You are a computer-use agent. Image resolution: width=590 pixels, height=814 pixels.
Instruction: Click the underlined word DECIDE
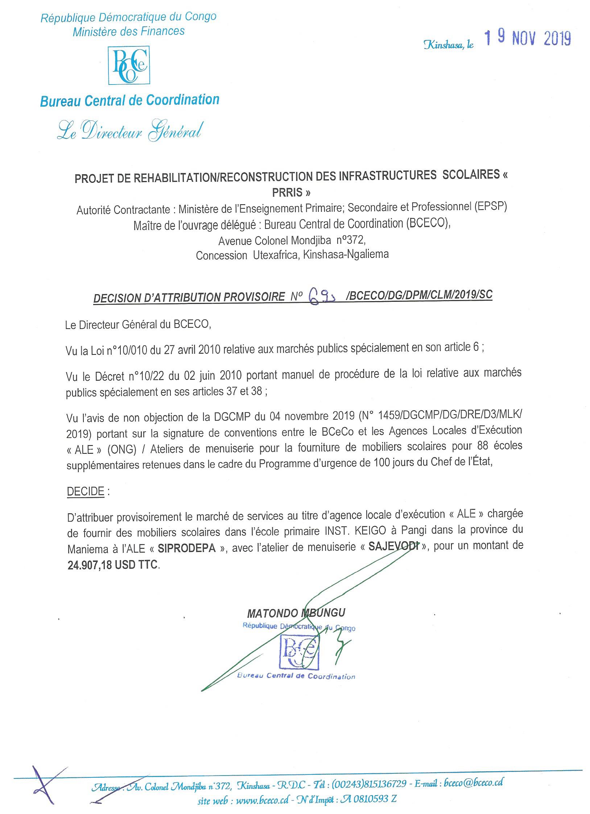tap(86, 492)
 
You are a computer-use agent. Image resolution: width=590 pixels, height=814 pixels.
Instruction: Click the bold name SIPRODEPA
tap(186, 548)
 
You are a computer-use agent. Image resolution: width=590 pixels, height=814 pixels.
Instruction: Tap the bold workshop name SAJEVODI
tap(391, 547)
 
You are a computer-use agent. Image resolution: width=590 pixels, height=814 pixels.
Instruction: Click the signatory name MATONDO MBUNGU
tap(296, 613)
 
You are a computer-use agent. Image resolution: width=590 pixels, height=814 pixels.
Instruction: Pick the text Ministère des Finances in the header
tap(129, 32)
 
